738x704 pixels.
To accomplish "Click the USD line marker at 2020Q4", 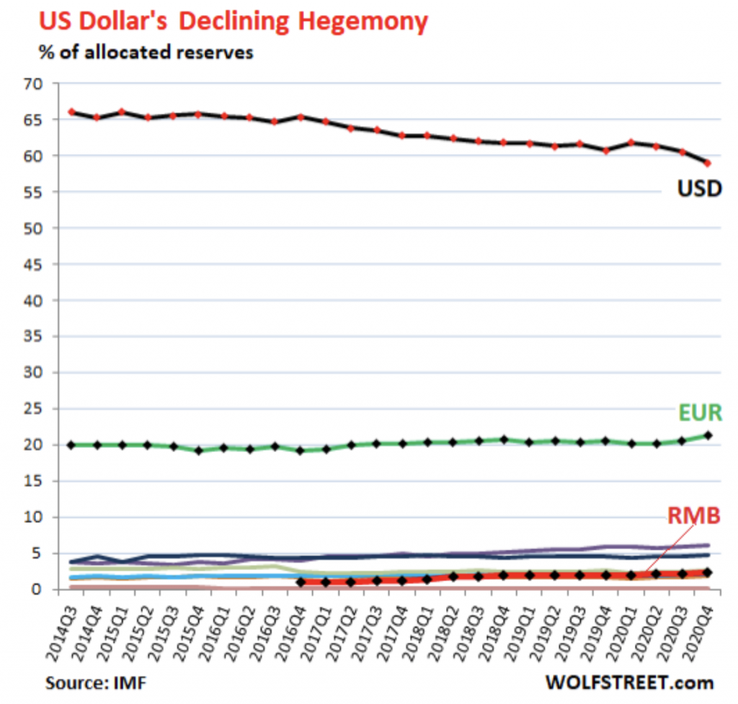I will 708,163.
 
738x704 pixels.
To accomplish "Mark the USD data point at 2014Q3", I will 71,112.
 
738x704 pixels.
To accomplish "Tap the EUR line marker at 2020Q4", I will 708,435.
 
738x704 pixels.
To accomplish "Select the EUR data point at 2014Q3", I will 71,445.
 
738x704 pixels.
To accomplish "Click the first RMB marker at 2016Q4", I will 301,582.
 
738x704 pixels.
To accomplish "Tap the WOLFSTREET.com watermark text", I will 629,682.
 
